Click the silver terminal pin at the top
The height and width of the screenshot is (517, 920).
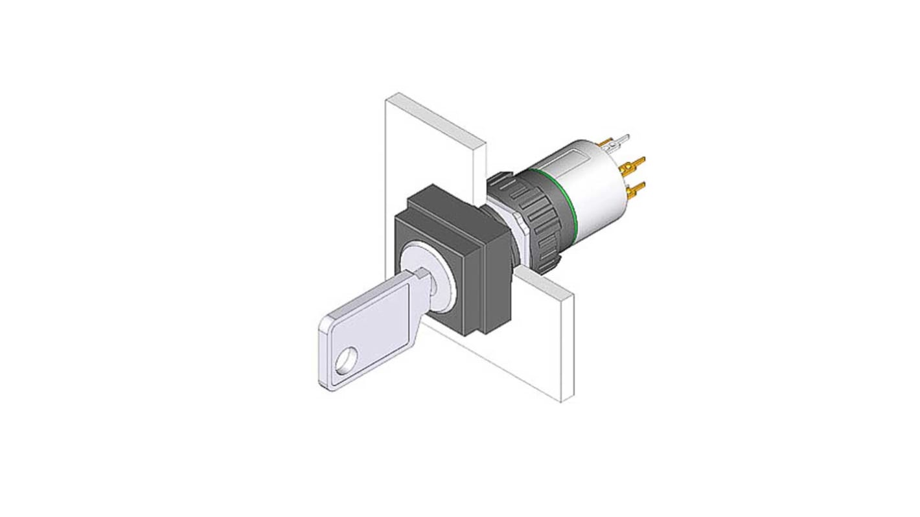619,139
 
